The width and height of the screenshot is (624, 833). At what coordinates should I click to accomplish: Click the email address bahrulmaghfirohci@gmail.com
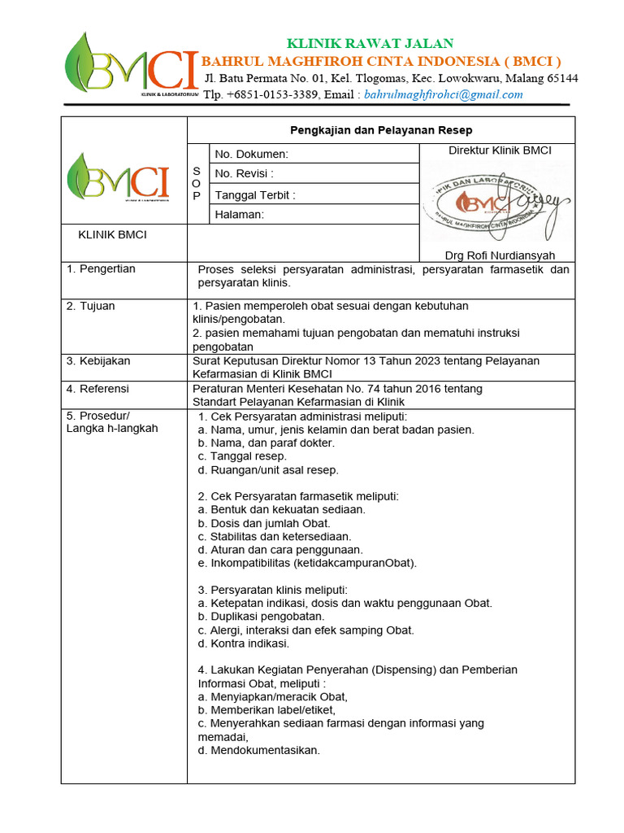pyautogui.click(x=444, y=94)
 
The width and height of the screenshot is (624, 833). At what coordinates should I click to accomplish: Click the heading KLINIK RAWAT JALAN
pyautogui.click(x=370, y=43)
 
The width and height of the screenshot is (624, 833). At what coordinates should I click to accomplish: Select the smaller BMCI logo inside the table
pyautogui.click(x=119, y=177)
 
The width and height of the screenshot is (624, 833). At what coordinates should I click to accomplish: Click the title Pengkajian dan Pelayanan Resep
pyautogui.click(x=381, y=130)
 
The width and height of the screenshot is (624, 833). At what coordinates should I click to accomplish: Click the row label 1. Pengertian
pyautogui.click(x=101, y=268)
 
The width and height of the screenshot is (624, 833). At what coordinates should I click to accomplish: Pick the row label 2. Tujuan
pyautogui.click(x=91, y=306)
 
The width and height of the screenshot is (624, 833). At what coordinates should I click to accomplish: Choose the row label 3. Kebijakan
pyautogui.click(x=98, y=360)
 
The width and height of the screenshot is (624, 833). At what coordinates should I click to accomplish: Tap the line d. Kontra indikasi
pyautogui.click(x=243, y=643)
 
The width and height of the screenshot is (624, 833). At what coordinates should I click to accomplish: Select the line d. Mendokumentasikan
pyautogui.click(x=258, y=750)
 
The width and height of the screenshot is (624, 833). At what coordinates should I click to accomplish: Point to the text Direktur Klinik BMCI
pyautogui.click(x=500, y=150)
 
